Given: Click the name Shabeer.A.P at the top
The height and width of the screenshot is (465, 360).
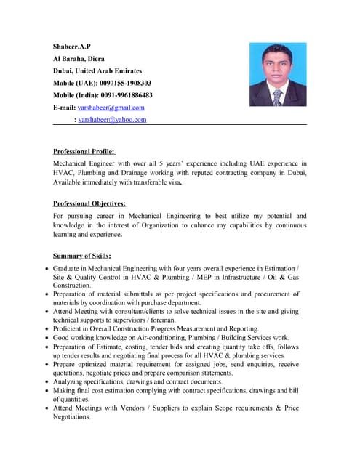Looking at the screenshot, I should [71, 47].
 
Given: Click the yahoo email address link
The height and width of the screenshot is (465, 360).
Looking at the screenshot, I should [112, 120].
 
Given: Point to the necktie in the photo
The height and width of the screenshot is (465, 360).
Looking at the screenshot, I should [277, 97].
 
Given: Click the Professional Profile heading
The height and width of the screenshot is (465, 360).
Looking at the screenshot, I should [84, 152].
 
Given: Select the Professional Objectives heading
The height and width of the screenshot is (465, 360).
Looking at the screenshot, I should [89, 204].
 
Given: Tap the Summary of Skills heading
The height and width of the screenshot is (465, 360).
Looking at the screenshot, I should [81, 256].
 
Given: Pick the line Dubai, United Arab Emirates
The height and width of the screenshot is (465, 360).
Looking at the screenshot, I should [97, 71].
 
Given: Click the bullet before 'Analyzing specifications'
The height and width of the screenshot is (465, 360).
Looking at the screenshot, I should [46, 381].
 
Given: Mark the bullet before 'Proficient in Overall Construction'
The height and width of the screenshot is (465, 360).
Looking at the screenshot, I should [46, 329].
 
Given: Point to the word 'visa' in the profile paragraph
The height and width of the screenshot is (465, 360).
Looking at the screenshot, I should [173, 183].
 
